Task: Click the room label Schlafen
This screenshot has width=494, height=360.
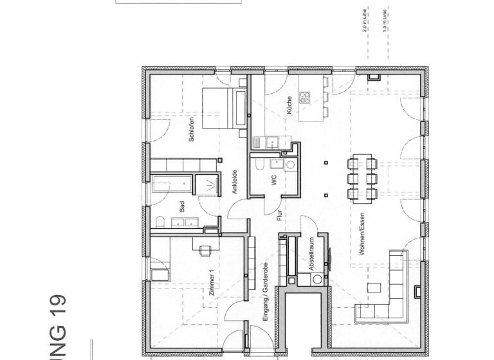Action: coord(191,130)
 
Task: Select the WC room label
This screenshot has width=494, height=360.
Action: coord(273,182)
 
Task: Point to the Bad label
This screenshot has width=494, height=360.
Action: coord(183,206)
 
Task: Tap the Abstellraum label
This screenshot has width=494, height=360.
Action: coord(310,253)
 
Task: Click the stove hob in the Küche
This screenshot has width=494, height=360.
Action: coord(305,98)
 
